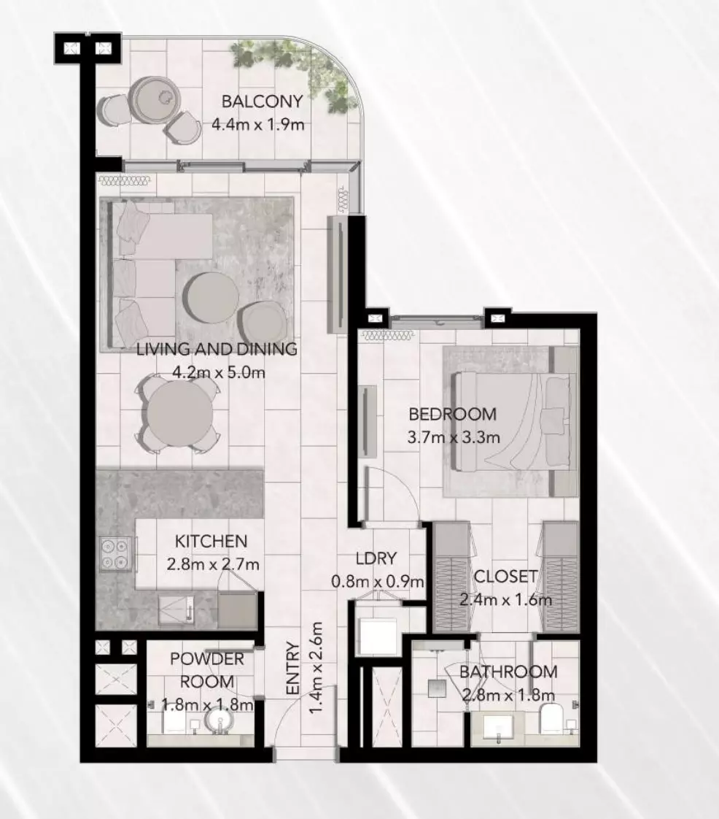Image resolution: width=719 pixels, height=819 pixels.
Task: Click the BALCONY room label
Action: (262, 101)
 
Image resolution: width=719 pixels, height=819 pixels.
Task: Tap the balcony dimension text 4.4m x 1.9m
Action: (257, 124)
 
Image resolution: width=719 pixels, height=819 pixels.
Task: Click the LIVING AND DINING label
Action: (217, 349)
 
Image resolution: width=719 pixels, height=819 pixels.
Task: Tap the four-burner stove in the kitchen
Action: (114, 553)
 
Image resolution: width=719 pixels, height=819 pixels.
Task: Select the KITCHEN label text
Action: (211, 541)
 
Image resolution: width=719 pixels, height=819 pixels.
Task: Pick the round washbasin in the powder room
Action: (219, 720)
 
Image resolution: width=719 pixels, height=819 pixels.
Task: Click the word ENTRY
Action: (293, 668)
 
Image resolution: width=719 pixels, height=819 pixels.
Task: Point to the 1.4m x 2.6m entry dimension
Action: (316, 668)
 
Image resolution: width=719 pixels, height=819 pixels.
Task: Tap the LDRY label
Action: (376, 558)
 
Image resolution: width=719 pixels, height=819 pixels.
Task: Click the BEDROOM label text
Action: (452, 414)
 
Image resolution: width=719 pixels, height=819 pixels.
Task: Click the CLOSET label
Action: (505, 576)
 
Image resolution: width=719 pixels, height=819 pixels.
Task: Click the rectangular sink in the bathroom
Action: (498, 727)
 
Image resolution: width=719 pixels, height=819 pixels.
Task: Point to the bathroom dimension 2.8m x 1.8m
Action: (508, 695)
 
